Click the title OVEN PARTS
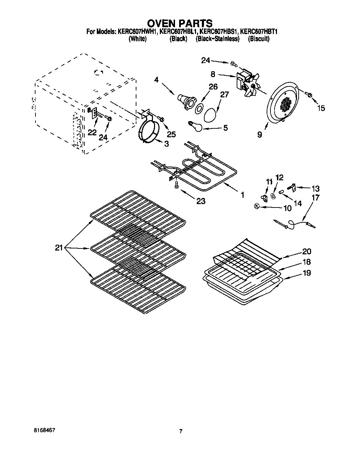click(180, 23)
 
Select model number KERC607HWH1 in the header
click(137, 32)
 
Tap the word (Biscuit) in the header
click(259, 39)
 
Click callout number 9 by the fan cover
click(259, 135)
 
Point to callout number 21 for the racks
click(59, 247)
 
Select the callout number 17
click(316, 198)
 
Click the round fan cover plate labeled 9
click(282, 103)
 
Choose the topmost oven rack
click(138, 215)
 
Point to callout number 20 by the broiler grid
click(306, 251)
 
